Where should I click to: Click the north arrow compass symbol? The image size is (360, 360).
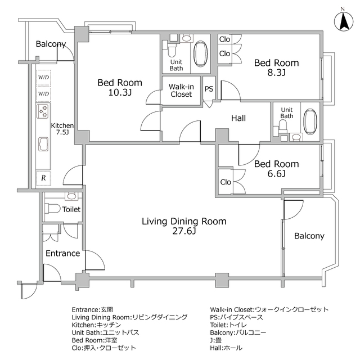tap(344, 21)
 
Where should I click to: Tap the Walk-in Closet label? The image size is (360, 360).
tap(181, 91)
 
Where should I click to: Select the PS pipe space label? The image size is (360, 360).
tap(209, 89)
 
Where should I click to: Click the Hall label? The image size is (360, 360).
tap(238, 118)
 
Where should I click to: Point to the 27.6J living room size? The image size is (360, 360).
tap(184, 231)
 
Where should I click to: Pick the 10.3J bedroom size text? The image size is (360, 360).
tap(120, 92)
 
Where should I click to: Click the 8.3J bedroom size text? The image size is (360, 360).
tap(276, 73)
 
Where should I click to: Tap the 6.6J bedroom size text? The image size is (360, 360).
tap(276, 174)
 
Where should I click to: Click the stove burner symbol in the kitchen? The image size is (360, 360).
tap(43, 111)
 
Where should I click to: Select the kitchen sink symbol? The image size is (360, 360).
tap(43, 144)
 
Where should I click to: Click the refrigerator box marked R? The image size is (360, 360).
tap(43, 178)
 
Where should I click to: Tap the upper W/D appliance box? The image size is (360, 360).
tap(43, 78)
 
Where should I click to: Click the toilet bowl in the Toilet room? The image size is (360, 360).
tap(52, 209)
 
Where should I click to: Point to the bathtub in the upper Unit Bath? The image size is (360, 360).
tap(200, 54)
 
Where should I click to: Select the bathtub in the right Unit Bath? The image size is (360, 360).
tap(310, 122)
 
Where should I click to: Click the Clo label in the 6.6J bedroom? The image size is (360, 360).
tap(226, 182)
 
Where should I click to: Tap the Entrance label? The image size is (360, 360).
tap(62, 253)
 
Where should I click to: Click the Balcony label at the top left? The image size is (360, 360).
tap(51, 44)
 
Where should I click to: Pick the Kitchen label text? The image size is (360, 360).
tap(62, 125)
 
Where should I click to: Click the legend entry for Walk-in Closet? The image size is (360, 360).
tap(269, 309)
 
